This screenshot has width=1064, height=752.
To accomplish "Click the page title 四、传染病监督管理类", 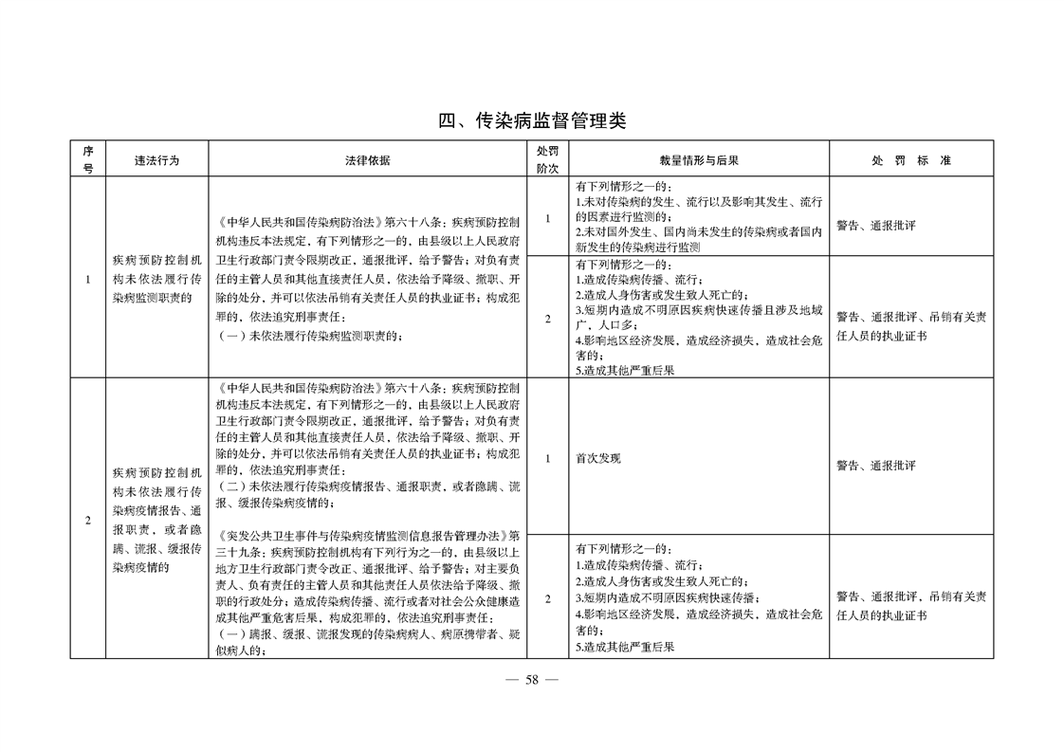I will click(x=531, y=120).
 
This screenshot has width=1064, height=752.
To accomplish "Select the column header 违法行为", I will click(x=156, y=160).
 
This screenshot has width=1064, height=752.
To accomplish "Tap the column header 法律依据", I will click(x=367, y=160).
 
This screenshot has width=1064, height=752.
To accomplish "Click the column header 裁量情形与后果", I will click(x=699, y=160).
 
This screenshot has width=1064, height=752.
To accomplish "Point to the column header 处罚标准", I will click(x=910, y=160).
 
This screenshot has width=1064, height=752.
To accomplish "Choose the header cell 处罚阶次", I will click(x=547, y=159).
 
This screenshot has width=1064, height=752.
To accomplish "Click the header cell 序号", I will click(x=88, y=159).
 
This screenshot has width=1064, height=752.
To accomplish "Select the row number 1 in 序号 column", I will click(x=88, y=280).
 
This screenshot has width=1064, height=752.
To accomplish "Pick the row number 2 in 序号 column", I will click(x=88, y=521).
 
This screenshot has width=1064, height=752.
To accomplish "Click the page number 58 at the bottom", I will click(x=531, y=679).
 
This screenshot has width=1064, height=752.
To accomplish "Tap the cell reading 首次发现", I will click(x=598, y=458).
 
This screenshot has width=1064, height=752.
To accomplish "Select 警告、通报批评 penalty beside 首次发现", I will click(x=875, y=466).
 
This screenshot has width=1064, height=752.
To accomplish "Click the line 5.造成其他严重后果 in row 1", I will click(x=625, y=371).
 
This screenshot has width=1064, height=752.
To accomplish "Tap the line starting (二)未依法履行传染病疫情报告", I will click(x=368, y=486).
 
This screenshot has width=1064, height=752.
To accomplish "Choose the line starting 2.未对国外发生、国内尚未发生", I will click(x=698, y=232).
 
